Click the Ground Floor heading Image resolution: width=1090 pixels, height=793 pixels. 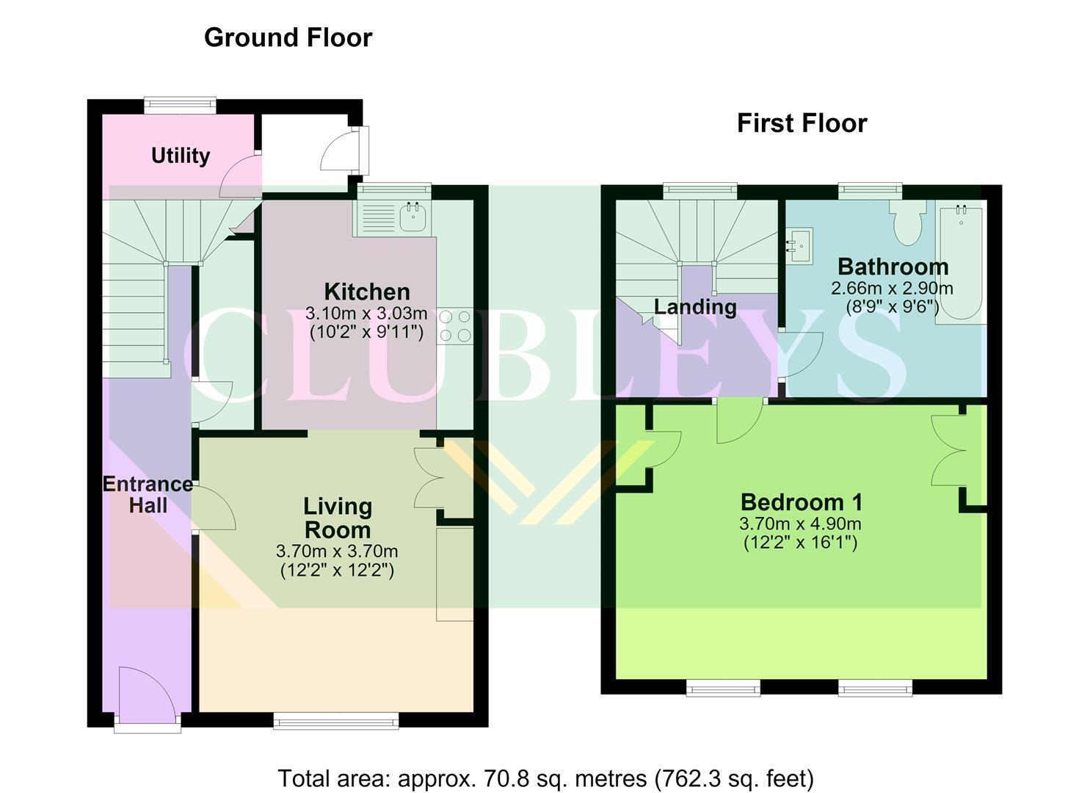(288, 38)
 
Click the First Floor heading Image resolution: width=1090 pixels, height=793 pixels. (802, 123)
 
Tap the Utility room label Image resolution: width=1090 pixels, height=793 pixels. (181, 156)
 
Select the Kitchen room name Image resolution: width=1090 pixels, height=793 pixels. (367, 292)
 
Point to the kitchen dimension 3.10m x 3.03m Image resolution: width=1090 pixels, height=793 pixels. (366, 313)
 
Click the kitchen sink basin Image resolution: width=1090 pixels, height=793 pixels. (413, 217)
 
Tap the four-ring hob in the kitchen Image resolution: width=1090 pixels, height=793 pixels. (454, 326)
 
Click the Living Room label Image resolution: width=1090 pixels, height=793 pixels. (338, 518)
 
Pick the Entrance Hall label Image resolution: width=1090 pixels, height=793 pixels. (148, 495)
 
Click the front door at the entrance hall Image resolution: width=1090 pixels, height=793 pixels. (148, 698)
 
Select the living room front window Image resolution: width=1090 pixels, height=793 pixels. (335, 720)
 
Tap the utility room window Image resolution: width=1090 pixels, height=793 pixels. (180, 105)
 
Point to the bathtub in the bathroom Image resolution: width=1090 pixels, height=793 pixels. (961, 262)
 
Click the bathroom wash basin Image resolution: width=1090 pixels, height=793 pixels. (799, 246)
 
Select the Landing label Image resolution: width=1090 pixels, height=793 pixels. (695, 308)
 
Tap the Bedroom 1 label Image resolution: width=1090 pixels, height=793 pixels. (802, 502)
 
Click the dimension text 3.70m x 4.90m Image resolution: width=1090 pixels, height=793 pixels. (801, 524)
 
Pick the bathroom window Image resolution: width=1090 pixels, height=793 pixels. (870, 191)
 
